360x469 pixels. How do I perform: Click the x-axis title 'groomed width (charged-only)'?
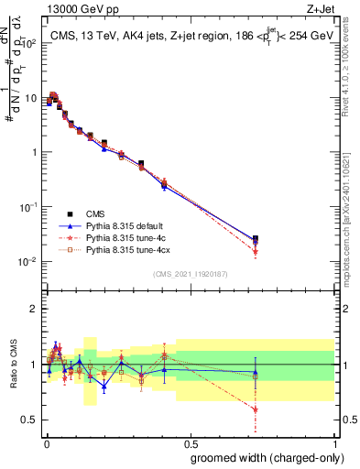[262, 457]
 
